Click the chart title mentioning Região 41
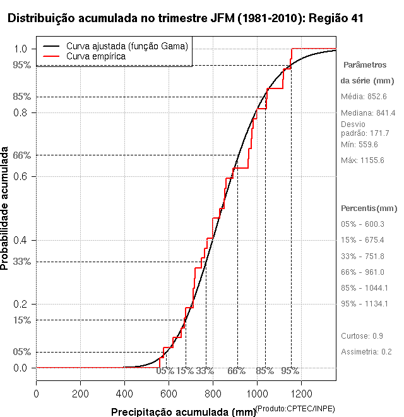[185, 18]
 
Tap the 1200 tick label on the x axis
[301, 394]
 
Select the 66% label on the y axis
[21, 155]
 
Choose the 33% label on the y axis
[21, 261]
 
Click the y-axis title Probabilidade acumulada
[6, 208]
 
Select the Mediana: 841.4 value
[368, 112]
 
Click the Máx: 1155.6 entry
[362, 160]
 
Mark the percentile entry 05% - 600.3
[362, 224]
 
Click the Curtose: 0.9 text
[362, 335]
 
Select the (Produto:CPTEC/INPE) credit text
[295, 409]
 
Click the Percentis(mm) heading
[369, 208]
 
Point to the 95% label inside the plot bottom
[290, 371]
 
